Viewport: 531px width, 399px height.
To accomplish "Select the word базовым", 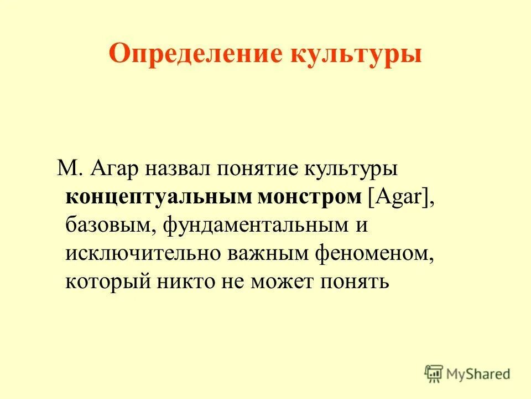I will (110, 226).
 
